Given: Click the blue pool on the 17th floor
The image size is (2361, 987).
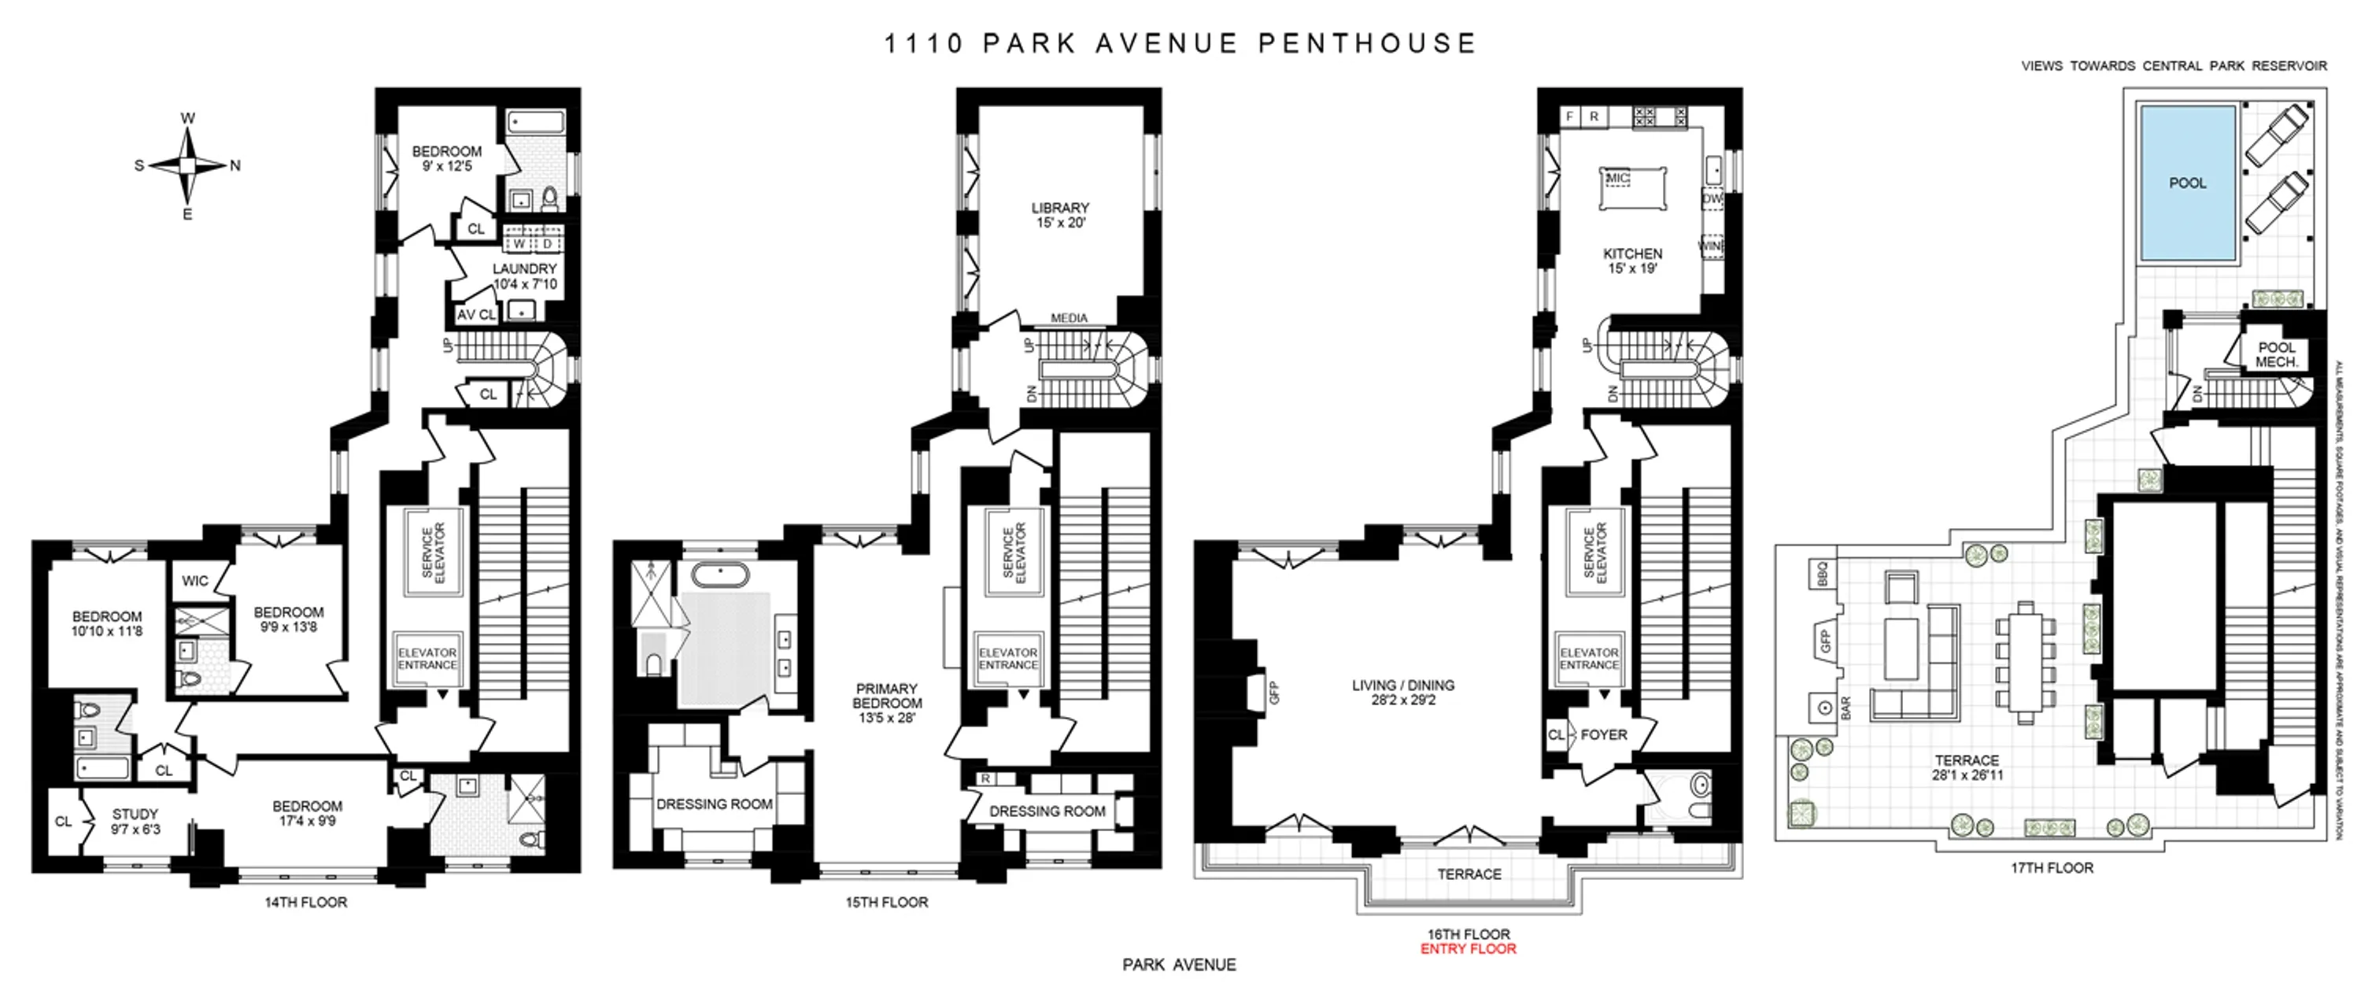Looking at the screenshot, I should tap(2187, 183).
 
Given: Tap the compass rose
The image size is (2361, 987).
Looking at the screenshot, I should tap(187, 166).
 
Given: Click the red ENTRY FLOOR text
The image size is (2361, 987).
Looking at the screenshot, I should tap(1469, 949).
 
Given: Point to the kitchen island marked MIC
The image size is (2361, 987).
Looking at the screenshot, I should tap(1633, 189).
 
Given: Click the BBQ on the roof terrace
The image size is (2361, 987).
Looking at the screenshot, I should tap(1823, 573).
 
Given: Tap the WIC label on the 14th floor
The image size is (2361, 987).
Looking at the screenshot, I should tap(194, 581).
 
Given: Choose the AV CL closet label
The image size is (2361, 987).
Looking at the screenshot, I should tap(475, 314).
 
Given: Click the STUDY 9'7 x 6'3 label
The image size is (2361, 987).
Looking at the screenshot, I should tap(135, 821).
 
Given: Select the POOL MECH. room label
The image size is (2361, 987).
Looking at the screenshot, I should tap(2277, 355).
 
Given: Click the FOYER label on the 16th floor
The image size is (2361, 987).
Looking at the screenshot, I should tap(1604, 735).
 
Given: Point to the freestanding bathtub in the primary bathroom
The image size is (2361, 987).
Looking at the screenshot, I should tap(719, 575).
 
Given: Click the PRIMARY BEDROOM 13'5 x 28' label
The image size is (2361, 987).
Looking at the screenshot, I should tap(886, 703).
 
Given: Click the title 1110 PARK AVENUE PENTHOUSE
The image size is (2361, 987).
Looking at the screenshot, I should tap(1180, 43).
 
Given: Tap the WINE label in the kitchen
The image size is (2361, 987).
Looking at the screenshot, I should tap(1711, 246).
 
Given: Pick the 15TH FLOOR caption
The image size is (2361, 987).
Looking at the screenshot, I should tap(886, 903).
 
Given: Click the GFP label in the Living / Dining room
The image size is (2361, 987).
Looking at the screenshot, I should tap(1273, 693).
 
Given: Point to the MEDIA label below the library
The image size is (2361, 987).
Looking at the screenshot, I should tap(1069, 318).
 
